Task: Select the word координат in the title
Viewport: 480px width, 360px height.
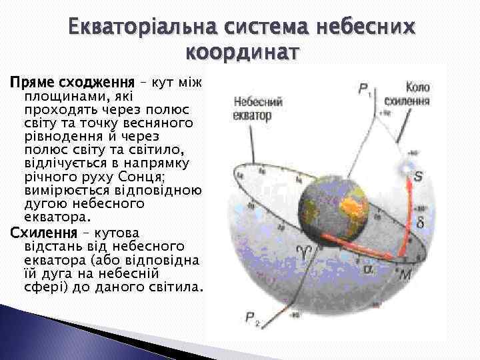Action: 245,51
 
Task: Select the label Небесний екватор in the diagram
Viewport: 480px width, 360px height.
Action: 257,109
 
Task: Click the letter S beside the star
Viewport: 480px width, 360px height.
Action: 418,177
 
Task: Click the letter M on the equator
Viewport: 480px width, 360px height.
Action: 406,274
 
